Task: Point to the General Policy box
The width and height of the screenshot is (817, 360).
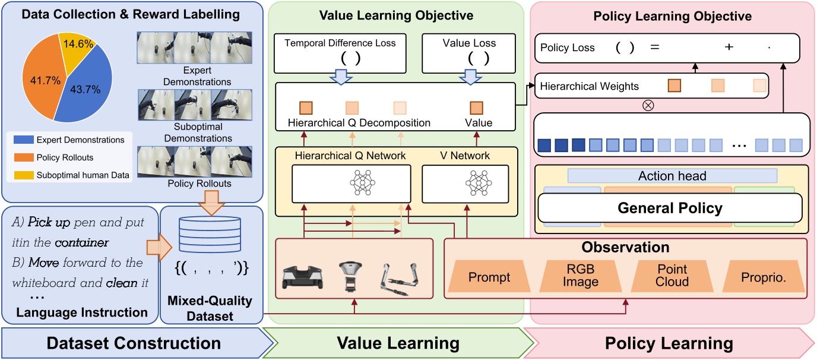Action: (670, 208)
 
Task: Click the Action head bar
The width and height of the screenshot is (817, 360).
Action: (672, 176)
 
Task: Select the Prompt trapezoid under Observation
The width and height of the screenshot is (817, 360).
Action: (489, 277)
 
